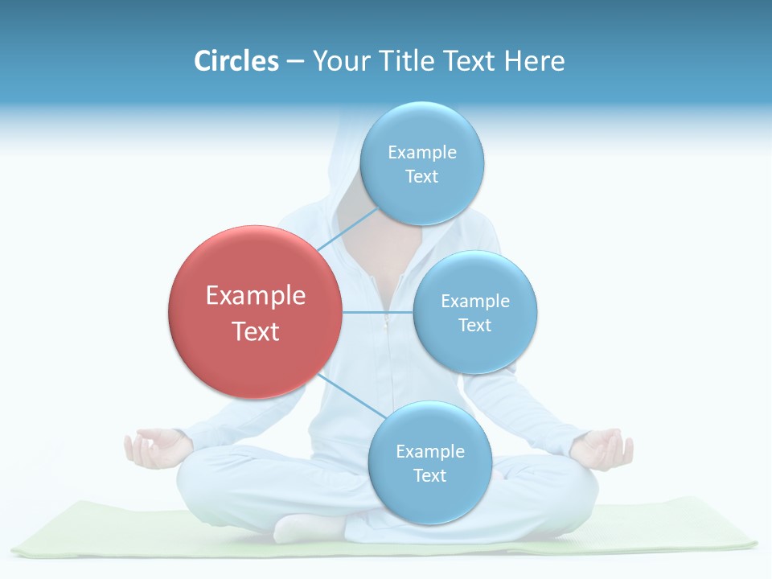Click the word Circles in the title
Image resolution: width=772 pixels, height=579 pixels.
236,61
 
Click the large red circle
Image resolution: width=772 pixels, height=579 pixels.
255,312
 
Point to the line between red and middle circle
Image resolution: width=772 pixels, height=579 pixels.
377,312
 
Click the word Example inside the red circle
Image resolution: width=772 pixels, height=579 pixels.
256,296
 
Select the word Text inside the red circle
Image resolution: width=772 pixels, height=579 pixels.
256,331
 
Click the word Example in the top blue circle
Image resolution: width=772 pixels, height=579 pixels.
422,152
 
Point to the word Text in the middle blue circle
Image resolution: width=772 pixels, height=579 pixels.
474,325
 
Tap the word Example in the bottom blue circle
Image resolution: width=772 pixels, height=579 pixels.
430,451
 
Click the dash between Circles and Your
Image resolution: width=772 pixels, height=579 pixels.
294,61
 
